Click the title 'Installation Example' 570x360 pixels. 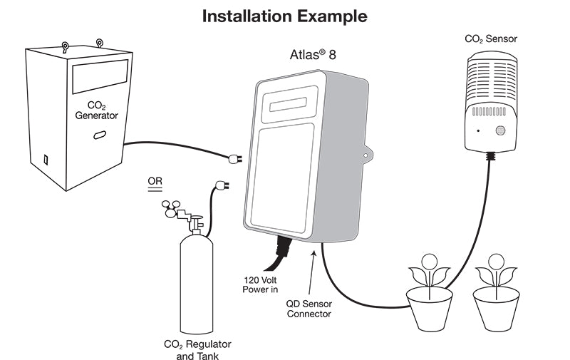pyautogui.click(x=285, y=16)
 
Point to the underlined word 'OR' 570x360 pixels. pyautogui.click(x=155, y=181)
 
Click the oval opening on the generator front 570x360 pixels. pyautogui.click(x=99, y=135)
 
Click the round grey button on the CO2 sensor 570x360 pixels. pyautogui.click(x=500, y=131)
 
